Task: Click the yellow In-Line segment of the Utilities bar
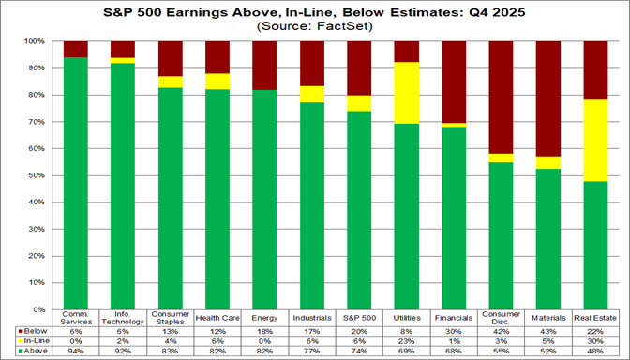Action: [407, 93]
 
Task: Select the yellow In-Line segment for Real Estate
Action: [596, 140]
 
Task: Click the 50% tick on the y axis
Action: [39, 175]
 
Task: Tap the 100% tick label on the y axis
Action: [37, 42]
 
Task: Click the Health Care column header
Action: [217, 317]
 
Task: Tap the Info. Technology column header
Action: [123, 317]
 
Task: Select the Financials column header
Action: [454, 317]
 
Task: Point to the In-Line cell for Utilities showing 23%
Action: [407, 340]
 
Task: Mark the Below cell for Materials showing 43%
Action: [548, 331]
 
